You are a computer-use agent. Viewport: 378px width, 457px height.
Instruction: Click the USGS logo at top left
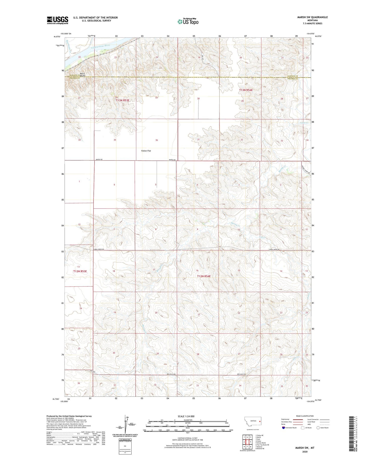57,20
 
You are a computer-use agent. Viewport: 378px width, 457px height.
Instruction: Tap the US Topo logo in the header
188,22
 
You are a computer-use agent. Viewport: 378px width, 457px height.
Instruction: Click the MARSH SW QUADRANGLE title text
312,17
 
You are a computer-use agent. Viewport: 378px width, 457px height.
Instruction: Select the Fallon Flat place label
146,151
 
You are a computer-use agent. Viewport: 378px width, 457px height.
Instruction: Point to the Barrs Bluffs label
83,75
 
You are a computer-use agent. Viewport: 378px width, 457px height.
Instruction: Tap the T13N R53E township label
122,100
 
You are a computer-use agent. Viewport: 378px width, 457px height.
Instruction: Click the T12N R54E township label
204,276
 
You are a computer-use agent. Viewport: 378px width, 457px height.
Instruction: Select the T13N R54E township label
246,90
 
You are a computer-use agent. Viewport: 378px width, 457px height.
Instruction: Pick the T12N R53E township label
80,271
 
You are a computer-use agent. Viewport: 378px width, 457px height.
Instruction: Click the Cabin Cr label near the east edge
304,123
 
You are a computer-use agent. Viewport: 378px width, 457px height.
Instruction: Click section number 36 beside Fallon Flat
156,140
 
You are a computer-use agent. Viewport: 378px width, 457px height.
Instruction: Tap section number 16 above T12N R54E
197,271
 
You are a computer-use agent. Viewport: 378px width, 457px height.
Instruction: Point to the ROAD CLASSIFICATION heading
305,416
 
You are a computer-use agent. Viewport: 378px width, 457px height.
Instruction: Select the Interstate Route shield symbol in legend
283,428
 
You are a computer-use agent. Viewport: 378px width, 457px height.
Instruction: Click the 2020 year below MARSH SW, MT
305,452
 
